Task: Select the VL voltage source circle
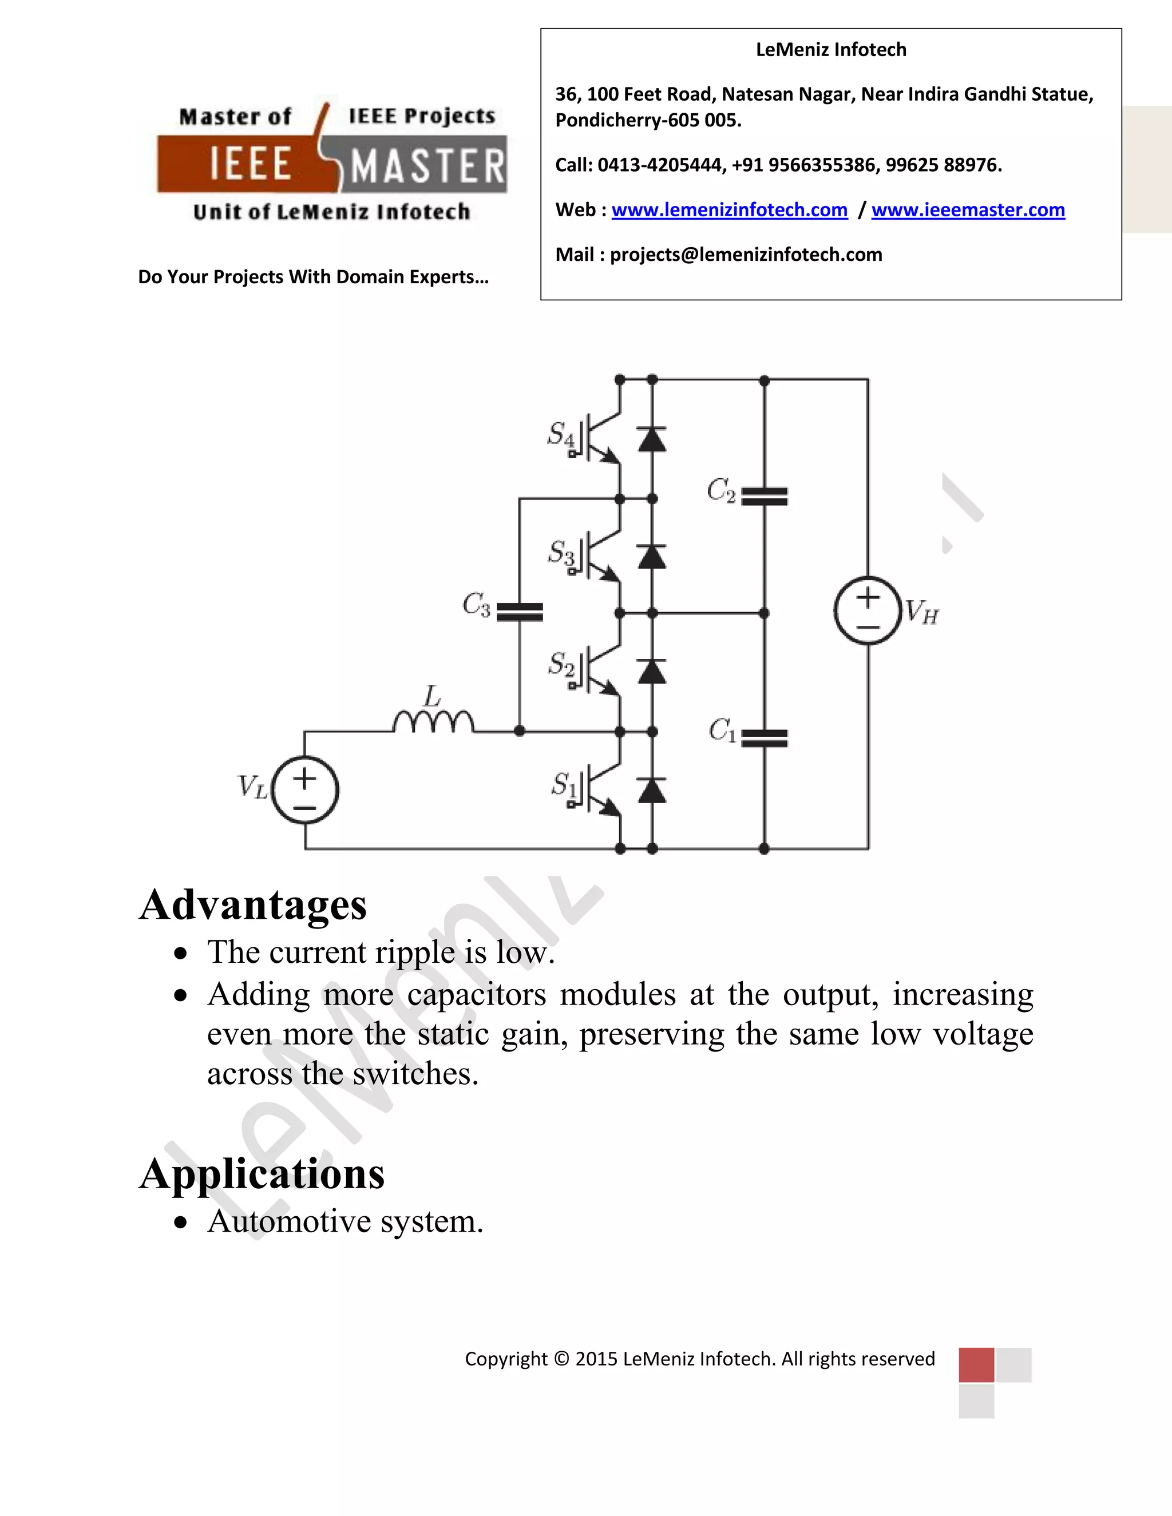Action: click(x=305, y=790)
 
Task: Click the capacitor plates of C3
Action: click(x=520, y=612)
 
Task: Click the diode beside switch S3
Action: click(x=652, y=557)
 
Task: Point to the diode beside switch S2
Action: click(x=652, y=671)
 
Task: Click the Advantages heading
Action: click(x=253, y=905)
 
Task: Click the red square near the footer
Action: click(x=976, y=1364)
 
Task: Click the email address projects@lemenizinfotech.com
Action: click(x=746, y=255)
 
